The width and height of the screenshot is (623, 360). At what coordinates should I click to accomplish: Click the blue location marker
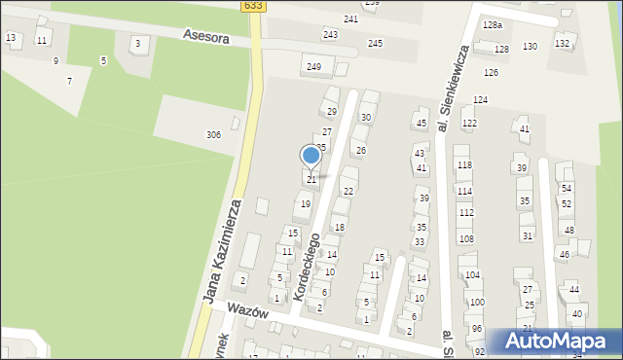click(x=311, y=155)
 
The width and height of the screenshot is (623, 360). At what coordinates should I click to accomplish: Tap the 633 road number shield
click(x=253, y=5)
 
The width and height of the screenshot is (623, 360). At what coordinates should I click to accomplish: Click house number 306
click(x=213, y=134)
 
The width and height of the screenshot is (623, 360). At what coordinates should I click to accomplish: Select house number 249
click(x=313, y=66)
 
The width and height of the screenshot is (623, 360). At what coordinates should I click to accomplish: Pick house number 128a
click(x=493, y=25)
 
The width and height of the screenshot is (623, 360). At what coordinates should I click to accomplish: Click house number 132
click(x=562, y=43)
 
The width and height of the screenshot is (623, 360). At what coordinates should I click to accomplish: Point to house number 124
click(x=480, y=100)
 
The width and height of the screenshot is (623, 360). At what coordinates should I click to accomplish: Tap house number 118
click(x=464, y=165)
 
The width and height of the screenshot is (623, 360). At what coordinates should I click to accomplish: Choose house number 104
click(x=473, y=275)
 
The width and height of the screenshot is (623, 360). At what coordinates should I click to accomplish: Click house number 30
click(x=366, y=118)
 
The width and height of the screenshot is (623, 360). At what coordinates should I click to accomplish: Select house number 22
click(x=348, y=191)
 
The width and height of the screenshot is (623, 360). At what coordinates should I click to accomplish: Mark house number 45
click(x=421, y=123)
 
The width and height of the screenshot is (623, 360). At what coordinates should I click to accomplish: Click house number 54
click(x=566, y=188)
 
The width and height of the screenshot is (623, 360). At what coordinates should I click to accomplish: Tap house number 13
click(x=11, y=37)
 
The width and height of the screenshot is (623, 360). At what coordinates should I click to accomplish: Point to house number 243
click(x=330, y=35)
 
